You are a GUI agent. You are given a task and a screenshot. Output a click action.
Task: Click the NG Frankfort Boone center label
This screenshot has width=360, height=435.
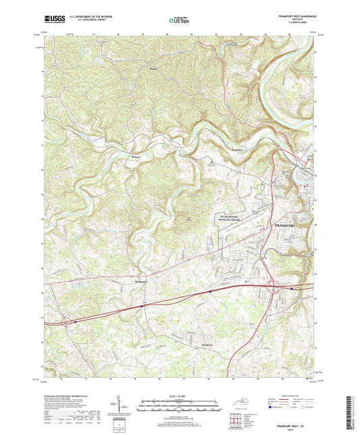click(231, 217)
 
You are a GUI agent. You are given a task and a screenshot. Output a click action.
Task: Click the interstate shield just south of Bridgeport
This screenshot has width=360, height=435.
click(143, 306)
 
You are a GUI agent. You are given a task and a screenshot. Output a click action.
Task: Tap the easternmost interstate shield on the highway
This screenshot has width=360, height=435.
click(291, 288)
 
